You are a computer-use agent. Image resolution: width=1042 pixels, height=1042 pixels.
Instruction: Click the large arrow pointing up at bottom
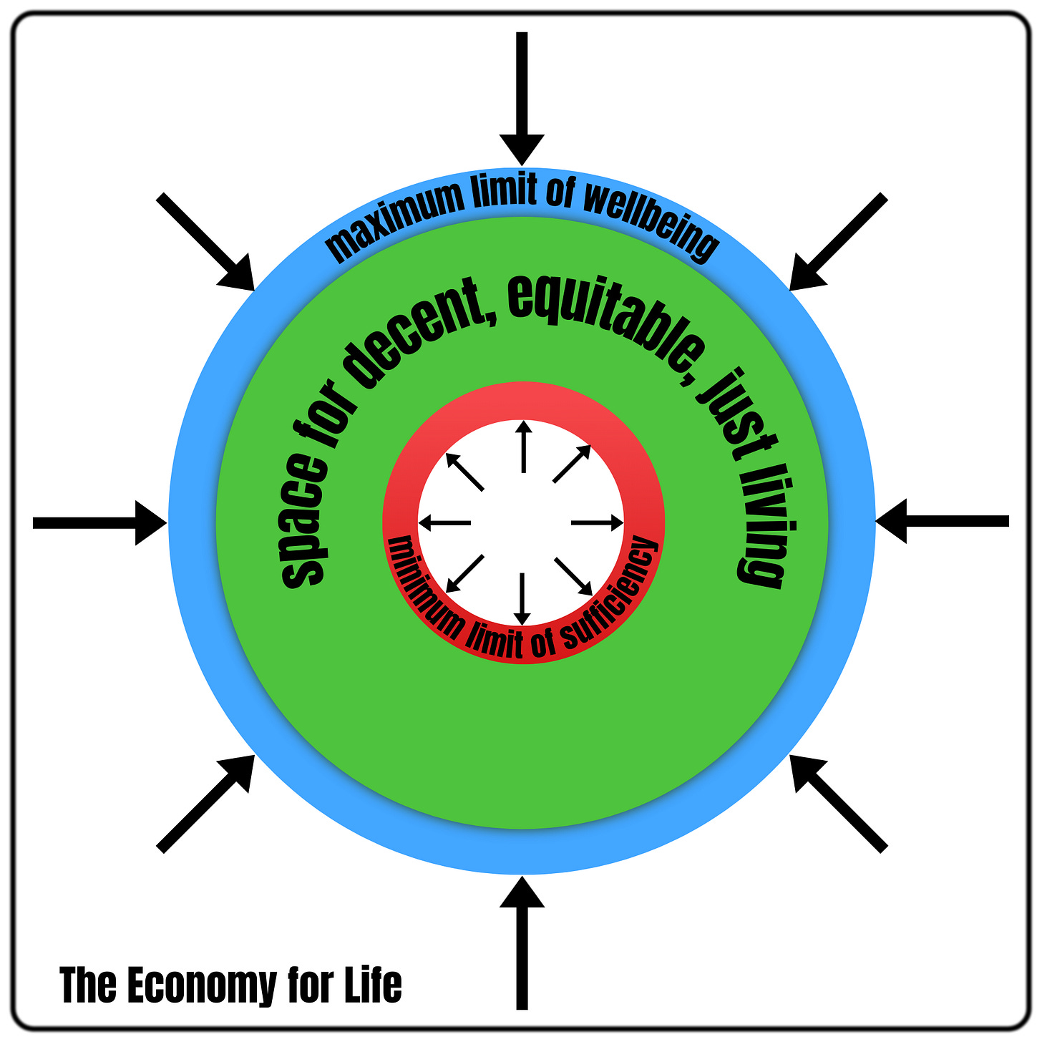522,945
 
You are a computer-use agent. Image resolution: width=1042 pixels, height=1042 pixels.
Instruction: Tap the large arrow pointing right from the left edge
100,523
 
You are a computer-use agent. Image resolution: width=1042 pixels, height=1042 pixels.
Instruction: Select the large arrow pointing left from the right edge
942,522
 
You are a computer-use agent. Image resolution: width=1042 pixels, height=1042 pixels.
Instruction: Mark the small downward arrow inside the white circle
522,598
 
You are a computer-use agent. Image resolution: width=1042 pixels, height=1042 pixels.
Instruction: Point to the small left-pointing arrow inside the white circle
444,523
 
